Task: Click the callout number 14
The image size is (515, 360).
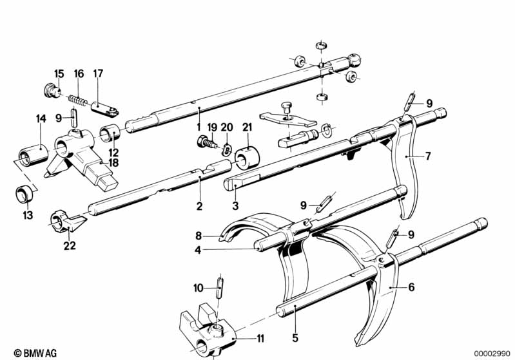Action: click(x=41, y=118)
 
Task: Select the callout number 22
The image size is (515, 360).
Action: click(x=70, y=245)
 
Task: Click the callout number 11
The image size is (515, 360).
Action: click(x=260, y=338)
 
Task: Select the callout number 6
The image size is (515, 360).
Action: click(x=411, y=287)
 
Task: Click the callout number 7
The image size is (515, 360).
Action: click(x=427, y=156)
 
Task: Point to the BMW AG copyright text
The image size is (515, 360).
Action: click(x=35, y=353)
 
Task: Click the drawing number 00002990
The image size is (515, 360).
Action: click(x=492, y=354)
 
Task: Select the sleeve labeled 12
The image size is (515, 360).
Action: click(x=110, y=133)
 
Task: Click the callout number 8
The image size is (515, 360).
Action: click(x=198, y=236)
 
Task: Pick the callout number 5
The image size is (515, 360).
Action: click(x=295, y=337)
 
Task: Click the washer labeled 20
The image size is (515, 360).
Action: click(x=225, y=149)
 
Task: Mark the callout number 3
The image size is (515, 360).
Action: click(x=235, y=206)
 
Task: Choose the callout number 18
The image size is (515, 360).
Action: click(x=113, y=163)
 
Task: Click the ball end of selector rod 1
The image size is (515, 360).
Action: click(x=355, y=60)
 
